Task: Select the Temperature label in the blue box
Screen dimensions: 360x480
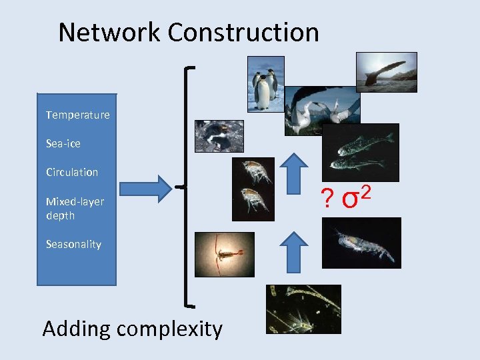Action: point(77,115)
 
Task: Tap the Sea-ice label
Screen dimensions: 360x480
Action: point(63,143)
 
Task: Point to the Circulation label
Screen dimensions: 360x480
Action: point(72,172)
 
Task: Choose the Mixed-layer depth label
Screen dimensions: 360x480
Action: point(75,208)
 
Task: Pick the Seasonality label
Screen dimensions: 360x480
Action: point(73,244)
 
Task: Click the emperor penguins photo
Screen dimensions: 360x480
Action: point(266,83)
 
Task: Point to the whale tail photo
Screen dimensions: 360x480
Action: point(386,72)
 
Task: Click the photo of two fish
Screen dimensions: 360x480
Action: point(361,152)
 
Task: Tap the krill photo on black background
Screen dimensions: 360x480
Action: point(361,243)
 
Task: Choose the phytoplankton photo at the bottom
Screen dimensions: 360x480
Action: point(303,309)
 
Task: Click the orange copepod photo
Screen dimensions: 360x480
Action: point(224,254)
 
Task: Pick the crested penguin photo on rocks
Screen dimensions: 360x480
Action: point(219,136)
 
